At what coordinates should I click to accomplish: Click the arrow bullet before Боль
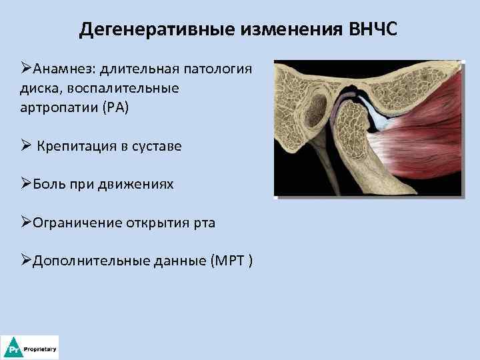point(25,184)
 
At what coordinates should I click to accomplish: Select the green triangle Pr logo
point(11,348)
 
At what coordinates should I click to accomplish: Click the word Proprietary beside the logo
point(40,349)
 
